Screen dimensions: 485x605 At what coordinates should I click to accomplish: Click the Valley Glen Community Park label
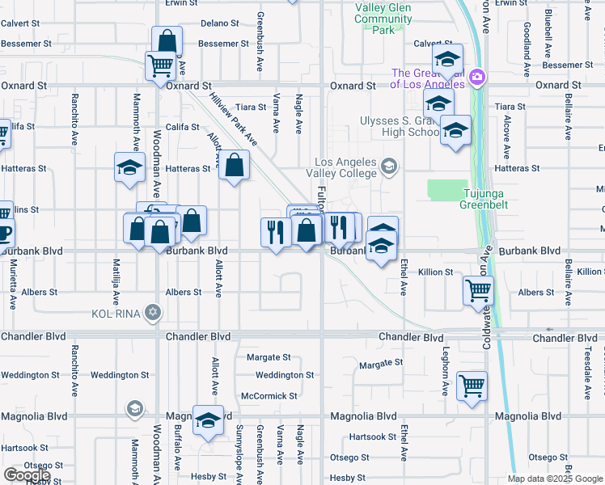(x=383, y=19)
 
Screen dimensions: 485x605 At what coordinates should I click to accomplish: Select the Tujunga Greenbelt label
(x=487, y=199)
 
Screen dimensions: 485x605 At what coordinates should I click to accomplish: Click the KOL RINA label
(x=116, y=312)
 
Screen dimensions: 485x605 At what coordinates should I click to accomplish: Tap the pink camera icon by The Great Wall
(x=477, y=76)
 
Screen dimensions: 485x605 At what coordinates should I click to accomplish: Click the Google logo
(x=27, y=475)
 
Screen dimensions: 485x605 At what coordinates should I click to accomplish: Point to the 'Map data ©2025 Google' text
(x=555, y=479)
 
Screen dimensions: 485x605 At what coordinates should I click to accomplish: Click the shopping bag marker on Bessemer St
(x=167, y=41)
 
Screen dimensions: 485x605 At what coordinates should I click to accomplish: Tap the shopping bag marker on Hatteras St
(x=234, y=166)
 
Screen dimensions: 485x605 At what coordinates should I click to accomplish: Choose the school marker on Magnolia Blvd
(x=209, y=420)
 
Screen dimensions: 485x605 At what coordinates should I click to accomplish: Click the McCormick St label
(x=269, y=396)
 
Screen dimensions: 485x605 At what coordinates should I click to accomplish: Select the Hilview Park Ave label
(x=233, y=118)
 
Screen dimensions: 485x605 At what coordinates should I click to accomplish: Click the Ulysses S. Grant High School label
(x=400, y=127)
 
